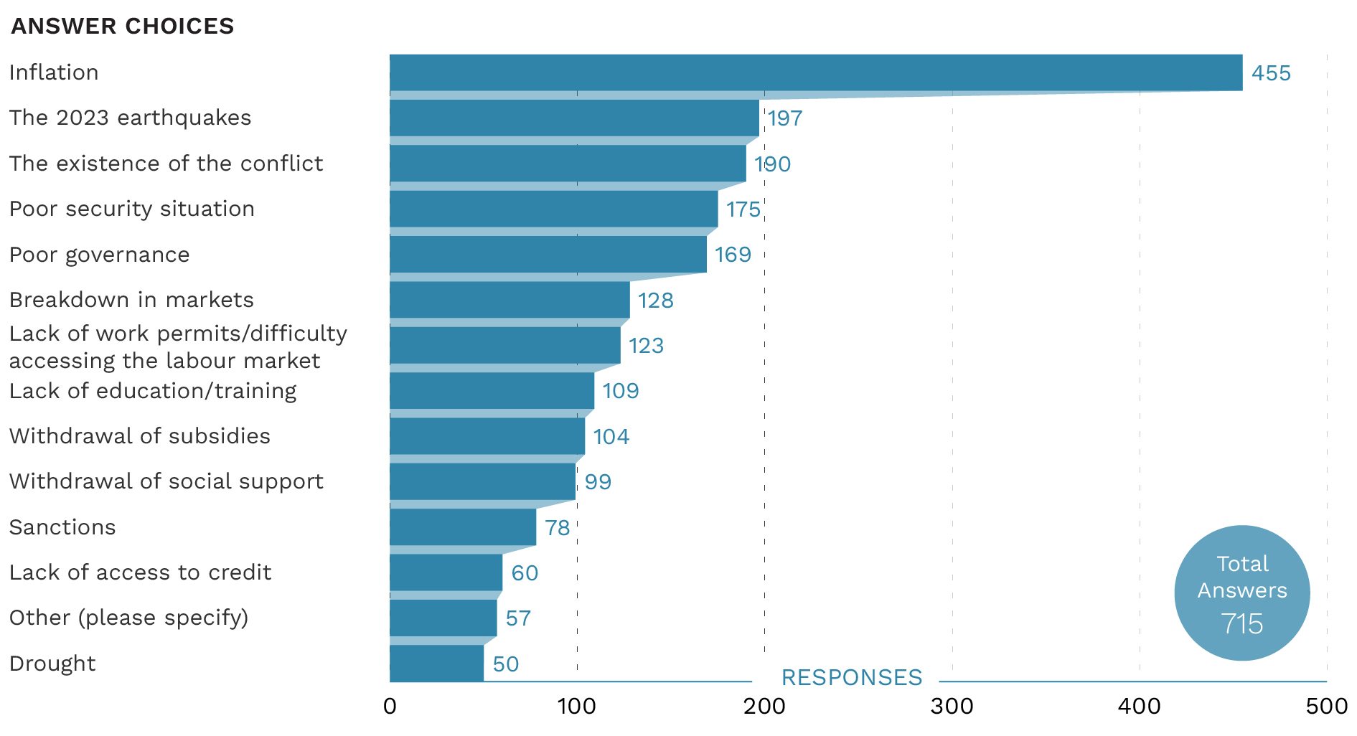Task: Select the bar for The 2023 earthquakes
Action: [x=574, y=118]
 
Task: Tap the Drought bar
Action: [x=436, y=664]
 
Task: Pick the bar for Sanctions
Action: [x=463, y=527]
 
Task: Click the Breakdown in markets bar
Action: [x=510, y=300]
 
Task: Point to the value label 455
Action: [x=1271, y=73]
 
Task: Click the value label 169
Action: [x=733, y=255]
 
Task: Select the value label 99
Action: [x=598, y=481]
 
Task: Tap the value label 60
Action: [x=525, y=572]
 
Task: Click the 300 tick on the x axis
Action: [x=952, y=707]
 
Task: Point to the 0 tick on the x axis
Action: [x=390, y=707]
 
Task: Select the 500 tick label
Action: [x=1326, y=707]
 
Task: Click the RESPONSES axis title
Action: [x=851, y=677]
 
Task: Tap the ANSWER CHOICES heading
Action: [x=122, y=26]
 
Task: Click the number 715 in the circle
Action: [x=1241, y=623]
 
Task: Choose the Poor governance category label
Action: [x=99, y=255]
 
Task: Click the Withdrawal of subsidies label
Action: [x=139, y=436]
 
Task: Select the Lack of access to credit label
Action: [x=140, y=572]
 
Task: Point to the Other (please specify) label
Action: [x=128, y=618]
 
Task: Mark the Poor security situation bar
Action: [x=553, y=209]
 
